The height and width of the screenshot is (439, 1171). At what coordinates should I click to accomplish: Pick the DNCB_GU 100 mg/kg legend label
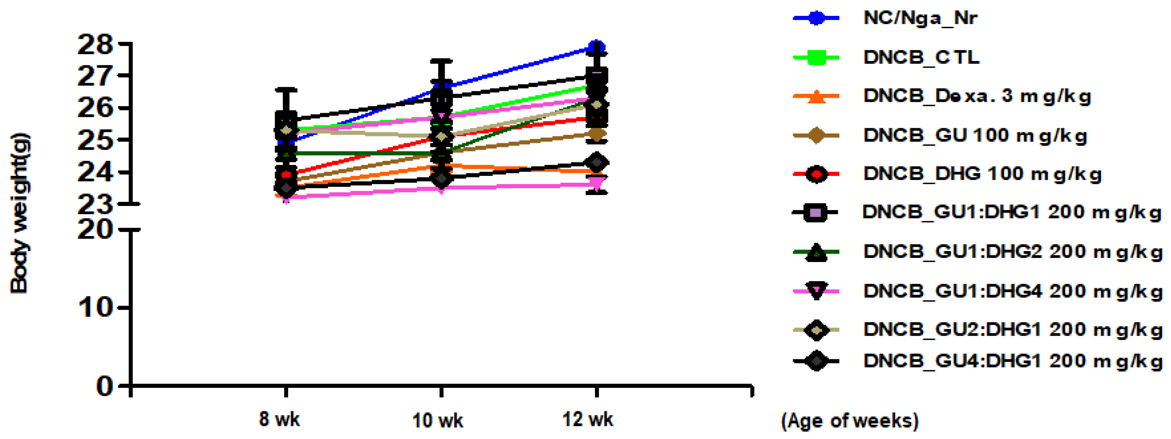click(975, 135)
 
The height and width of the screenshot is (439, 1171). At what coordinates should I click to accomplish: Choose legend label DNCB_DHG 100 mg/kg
click(982, 174)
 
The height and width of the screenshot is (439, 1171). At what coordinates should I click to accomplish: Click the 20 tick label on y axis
click(94, 230)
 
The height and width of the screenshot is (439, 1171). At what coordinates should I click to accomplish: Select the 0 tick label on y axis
click(105, 386)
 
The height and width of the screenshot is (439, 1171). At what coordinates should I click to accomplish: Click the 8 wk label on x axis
click(279, 419)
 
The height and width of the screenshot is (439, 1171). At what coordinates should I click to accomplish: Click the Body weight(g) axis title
click(19, 213)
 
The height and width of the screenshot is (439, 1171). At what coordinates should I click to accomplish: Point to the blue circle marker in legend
click(816, 18)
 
